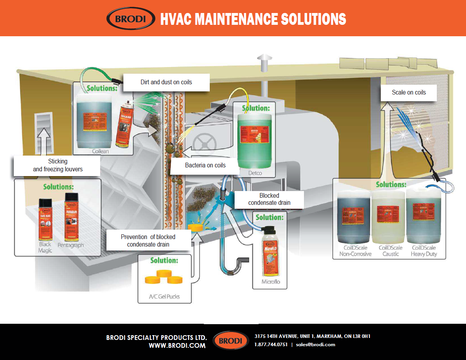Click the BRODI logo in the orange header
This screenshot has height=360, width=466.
click(130, 19)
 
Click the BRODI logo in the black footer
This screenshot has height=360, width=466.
click(231, 341)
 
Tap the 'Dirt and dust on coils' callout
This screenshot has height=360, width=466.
click(166, 82)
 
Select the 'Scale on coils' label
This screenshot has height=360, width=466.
click(408, 93)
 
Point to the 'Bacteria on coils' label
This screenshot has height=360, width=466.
click(205, 165)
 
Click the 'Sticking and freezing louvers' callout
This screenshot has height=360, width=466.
click(58, 165)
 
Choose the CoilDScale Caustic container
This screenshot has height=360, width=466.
click(388, 217)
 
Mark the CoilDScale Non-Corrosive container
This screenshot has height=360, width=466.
click(354, 217)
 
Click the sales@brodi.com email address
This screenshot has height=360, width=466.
click(315, 345)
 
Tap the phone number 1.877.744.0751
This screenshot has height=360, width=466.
click(271, 345)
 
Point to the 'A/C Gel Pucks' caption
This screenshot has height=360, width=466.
click(164, 296)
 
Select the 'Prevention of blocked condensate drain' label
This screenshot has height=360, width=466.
click(148, 241)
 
